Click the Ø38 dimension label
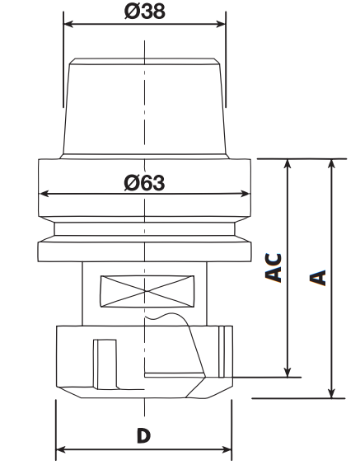[145, 12]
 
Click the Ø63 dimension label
[144, 182]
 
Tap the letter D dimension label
[143, 435]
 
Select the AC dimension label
[274, 267]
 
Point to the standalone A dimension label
[318, 278]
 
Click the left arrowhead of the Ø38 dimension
[68, 24]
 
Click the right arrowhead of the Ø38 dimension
[221, 24]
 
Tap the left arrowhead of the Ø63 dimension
[44, 194]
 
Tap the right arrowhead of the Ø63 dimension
[245, 194]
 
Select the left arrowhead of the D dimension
[61, 450]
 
